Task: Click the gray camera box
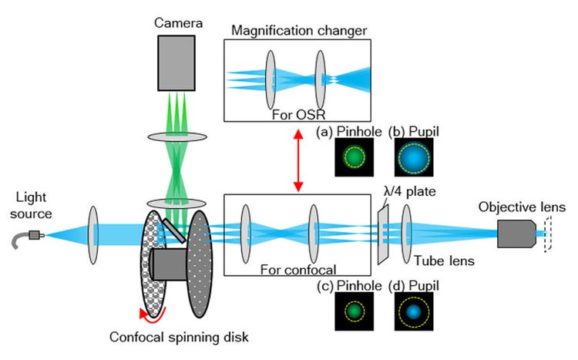coord(177,62)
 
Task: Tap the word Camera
coord(177,23)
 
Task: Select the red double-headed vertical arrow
coord(297,161)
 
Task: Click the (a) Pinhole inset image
coord(352,157)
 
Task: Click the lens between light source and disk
coord(94,232)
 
